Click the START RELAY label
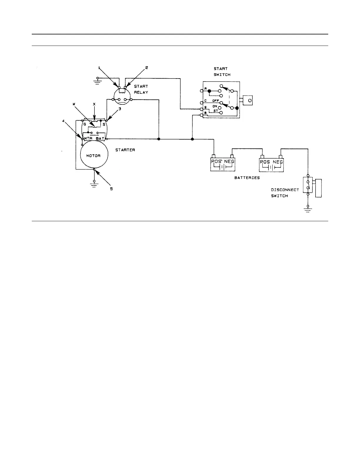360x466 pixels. pyautogui.click(x=141, y=89)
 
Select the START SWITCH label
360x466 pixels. pyautogui.click(x=222, y=71)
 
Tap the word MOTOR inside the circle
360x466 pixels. pyautogui.click(x=93, y=156)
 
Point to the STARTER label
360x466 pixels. pyautogui.click(x=125, y=150)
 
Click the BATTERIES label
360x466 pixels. pyautogui.click(x=247, y=178)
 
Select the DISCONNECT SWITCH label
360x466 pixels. pyautogui.click(x=285, y=193)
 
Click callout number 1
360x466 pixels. pyautogui.click(x=99, y=68)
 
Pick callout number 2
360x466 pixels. pyautogui.click(x=146, y=67)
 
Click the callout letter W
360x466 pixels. pyautogui.click(x=74, y=104)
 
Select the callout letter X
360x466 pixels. pyautogui.click(x=94, y=104)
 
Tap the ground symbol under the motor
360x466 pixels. pyautogui.click(x=94, y=184)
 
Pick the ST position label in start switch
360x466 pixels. pyautogui.click(x=216, y=111)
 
